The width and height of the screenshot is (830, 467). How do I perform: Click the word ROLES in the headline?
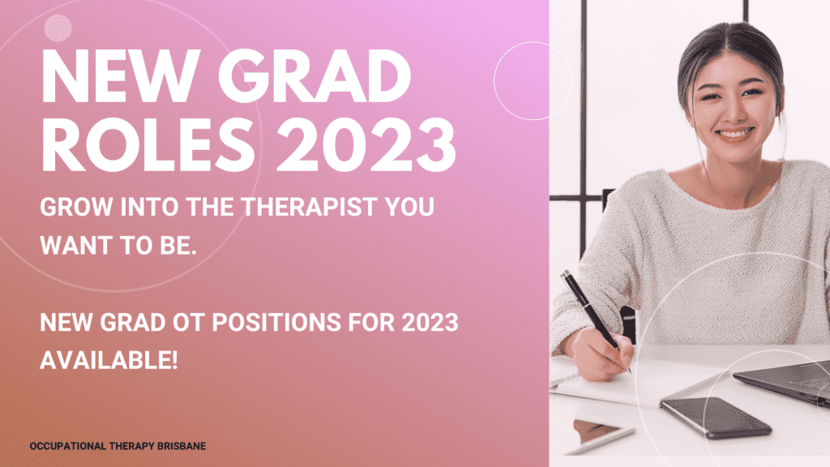coord(148,144)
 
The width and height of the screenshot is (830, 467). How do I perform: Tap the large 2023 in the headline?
coord(366,144)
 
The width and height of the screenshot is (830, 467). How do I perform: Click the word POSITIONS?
coord(276,323)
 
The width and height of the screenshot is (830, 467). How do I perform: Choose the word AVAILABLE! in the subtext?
coord(109,361)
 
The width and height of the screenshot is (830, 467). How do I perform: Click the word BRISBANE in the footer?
coord(183,447)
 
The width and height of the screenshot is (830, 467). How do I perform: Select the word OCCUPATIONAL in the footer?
coord(68,447)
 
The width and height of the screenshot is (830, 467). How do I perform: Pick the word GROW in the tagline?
coord(76,207)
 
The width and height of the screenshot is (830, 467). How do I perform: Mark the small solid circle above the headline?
coord(58,28)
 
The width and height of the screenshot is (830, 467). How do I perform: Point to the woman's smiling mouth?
coord(735,134)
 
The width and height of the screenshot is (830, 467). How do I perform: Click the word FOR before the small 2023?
coord(371,323)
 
